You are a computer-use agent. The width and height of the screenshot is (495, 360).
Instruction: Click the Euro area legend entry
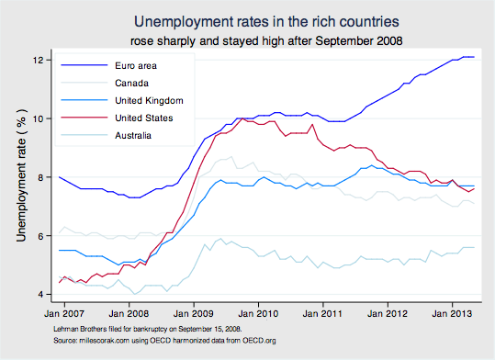pos(136,66)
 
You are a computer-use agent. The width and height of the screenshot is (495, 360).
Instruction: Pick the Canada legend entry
pos(133,84)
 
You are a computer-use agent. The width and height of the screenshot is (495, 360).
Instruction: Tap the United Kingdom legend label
pos(150,100)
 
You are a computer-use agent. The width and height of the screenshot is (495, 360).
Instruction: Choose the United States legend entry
pos(145,118)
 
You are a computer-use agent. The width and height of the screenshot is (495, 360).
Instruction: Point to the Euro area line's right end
pos(473,57)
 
